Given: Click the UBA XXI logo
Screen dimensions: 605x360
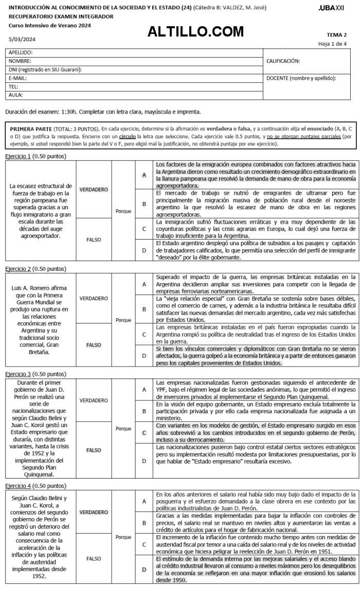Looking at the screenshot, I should point(332,9).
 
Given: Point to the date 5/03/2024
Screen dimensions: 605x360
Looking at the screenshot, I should point(19,39).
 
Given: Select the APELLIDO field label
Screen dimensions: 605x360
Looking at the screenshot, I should point(21,52).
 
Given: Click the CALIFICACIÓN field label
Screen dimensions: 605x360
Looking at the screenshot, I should point(283,61).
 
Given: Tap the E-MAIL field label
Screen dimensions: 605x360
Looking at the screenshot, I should point(17,78).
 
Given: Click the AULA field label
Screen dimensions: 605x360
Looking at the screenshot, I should point(15,95).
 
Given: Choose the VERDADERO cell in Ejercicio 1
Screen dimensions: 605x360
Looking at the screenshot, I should point(94,190).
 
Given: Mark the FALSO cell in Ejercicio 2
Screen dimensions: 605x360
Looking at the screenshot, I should point(94,331).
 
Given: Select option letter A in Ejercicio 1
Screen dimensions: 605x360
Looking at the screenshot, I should point(144,175).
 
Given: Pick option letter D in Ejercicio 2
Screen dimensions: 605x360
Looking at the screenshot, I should point(144,341).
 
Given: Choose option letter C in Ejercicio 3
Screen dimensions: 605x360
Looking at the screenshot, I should point(144,433).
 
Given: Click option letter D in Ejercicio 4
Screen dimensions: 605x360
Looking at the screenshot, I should point(144,555).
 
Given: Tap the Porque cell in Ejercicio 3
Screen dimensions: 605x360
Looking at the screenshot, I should point(123,428).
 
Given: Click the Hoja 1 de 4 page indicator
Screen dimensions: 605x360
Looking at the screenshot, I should point(332,44).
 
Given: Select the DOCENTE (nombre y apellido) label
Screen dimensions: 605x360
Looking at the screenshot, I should point(301,78).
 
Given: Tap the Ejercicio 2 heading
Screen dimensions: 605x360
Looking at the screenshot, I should point(35,269).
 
